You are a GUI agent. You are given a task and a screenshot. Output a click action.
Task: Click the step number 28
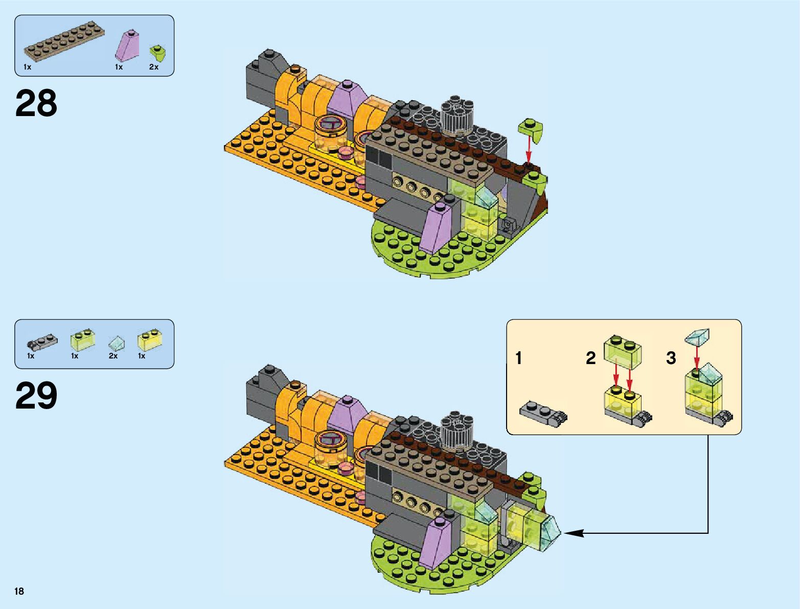[36, 103]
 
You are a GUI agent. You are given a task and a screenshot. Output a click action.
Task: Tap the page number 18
[19, 591]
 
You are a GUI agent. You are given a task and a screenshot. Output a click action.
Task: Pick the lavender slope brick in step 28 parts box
[127, 46]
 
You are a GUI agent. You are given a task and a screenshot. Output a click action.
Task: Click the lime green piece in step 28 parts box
[157, 53]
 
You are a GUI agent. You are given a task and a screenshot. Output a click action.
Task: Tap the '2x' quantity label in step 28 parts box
[154, 67]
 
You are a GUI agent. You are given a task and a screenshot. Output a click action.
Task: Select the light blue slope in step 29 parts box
[116, 342]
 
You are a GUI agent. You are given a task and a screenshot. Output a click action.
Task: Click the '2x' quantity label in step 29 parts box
[113, 356]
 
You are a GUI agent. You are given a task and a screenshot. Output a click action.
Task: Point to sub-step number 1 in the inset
[519, 358]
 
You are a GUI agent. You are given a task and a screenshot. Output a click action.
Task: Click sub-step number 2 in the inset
[591, 358]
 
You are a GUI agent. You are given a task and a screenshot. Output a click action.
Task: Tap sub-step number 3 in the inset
[671, 358]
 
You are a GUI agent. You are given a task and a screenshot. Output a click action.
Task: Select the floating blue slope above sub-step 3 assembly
[697, 337]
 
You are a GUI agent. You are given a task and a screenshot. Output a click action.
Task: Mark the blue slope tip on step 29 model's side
[553, 532]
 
